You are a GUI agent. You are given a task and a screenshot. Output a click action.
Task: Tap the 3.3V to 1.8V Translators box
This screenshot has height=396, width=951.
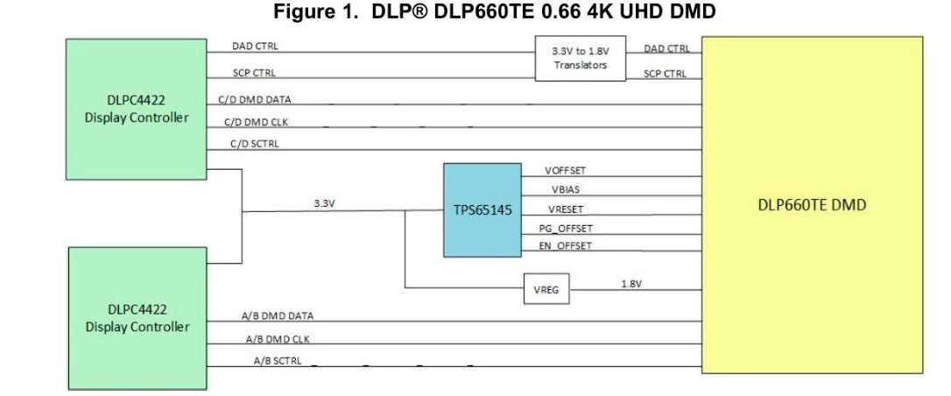[x=580, y=59]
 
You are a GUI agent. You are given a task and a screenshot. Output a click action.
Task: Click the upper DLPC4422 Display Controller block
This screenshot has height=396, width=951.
[x=136, y=110]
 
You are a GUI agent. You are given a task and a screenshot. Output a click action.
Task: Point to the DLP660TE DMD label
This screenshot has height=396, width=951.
[x=812, y=205]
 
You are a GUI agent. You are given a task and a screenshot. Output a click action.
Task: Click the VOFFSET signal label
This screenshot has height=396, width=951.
[x=566, y=171]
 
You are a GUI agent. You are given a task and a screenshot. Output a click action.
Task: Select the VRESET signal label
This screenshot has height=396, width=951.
[x=566, y=209]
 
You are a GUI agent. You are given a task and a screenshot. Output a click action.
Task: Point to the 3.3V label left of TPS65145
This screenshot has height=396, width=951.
[x=325, y=202]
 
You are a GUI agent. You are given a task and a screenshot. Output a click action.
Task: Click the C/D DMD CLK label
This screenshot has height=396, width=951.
[x=255, y=122]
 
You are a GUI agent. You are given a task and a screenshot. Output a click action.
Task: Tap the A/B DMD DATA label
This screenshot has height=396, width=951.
[x=277, y=315]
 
